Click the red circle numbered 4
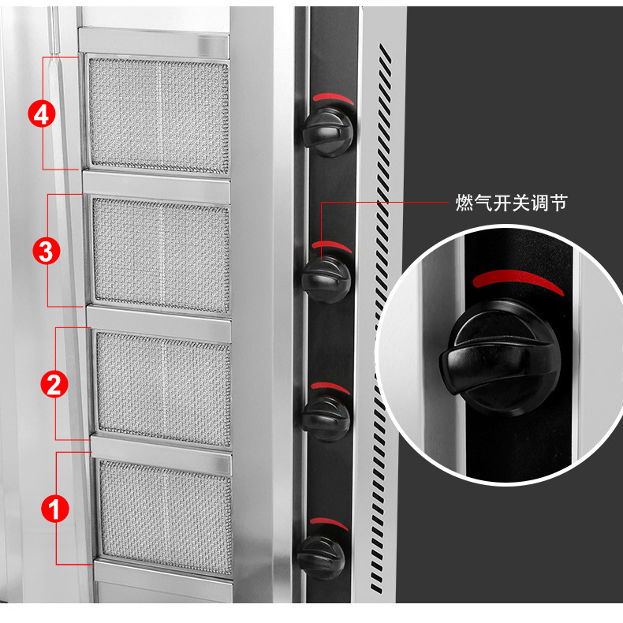pos(43,115)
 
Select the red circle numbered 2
pos(54,385)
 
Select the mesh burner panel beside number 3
pos(161,251)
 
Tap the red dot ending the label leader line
pos(323,203)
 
